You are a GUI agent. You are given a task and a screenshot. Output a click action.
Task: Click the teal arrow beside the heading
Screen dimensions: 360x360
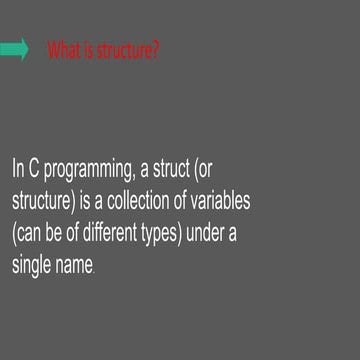[x=15, y=50]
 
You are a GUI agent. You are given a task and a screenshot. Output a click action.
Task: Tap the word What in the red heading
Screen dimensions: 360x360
[x=62, y=50]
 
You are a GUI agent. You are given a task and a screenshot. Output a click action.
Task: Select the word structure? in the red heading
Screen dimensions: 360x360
[x=128, y=50]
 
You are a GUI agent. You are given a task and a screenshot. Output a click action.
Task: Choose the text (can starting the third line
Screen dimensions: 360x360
[x=29, y=236]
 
